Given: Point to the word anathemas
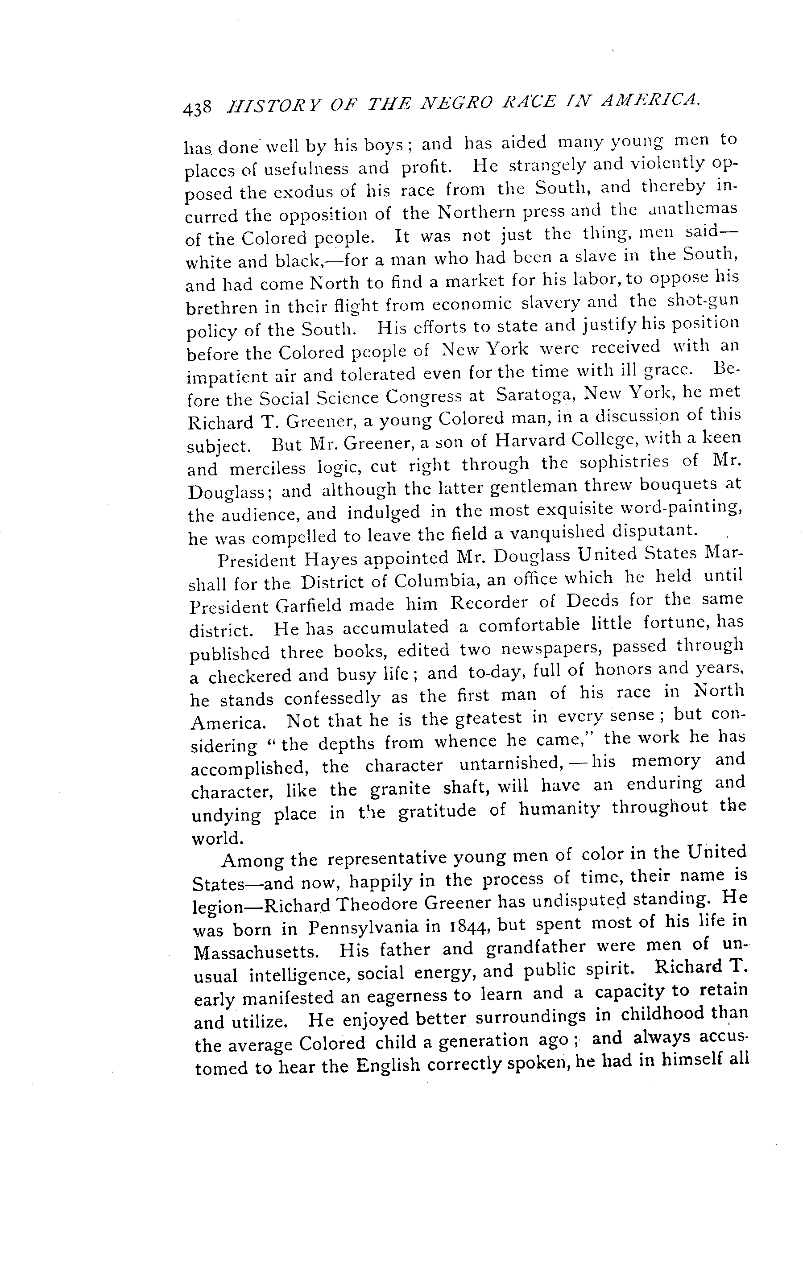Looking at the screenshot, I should click(691, 209).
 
